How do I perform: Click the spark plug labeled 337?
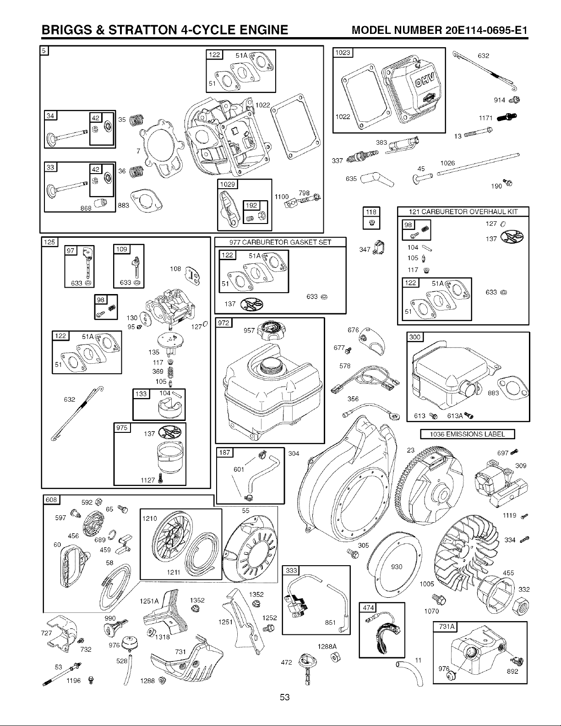(x=362, y=156)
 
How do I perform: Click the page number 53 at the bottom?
(x=285, y=697)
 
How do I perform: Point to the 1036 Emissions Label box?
(x=468, y=434)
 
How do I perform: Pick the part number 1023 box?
(x=343, y=53)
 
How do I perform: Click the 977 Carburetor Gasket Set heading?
(x=280, y=242)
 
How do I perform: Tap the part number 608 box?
(x=51, y=499)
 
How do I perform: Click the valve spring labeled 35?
(x=136, y=119)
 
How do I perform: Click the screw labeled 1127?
(x=161, y=479)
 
